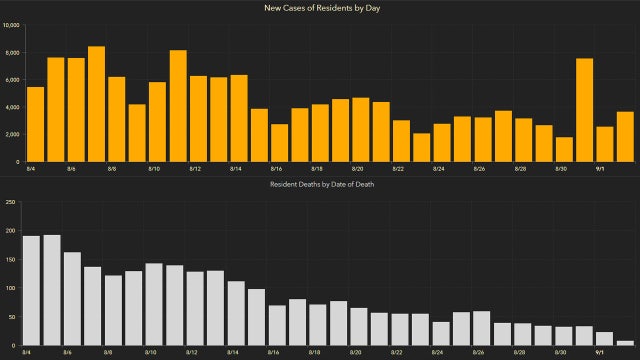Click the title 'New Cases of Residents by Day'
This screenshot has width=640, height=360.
(x=320, y=9)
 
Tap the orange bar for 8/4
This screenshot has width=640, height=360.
(x=35, y=124)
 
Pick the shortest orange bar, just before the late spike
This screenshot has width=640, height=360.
(x=564, y=149)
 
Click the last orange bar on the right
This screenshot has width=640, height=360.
(x=625, y=136)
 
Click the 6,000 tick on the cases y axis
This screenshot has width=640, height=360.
(x=11, y=79)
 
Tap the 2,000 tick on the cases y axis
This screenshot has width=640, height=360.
(x=11, y=134)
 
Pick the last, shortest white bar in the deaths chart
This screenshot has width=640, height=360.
(x=625, y=343)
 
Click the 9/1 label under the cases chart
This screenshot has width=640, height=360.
(x=600, y=169)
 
